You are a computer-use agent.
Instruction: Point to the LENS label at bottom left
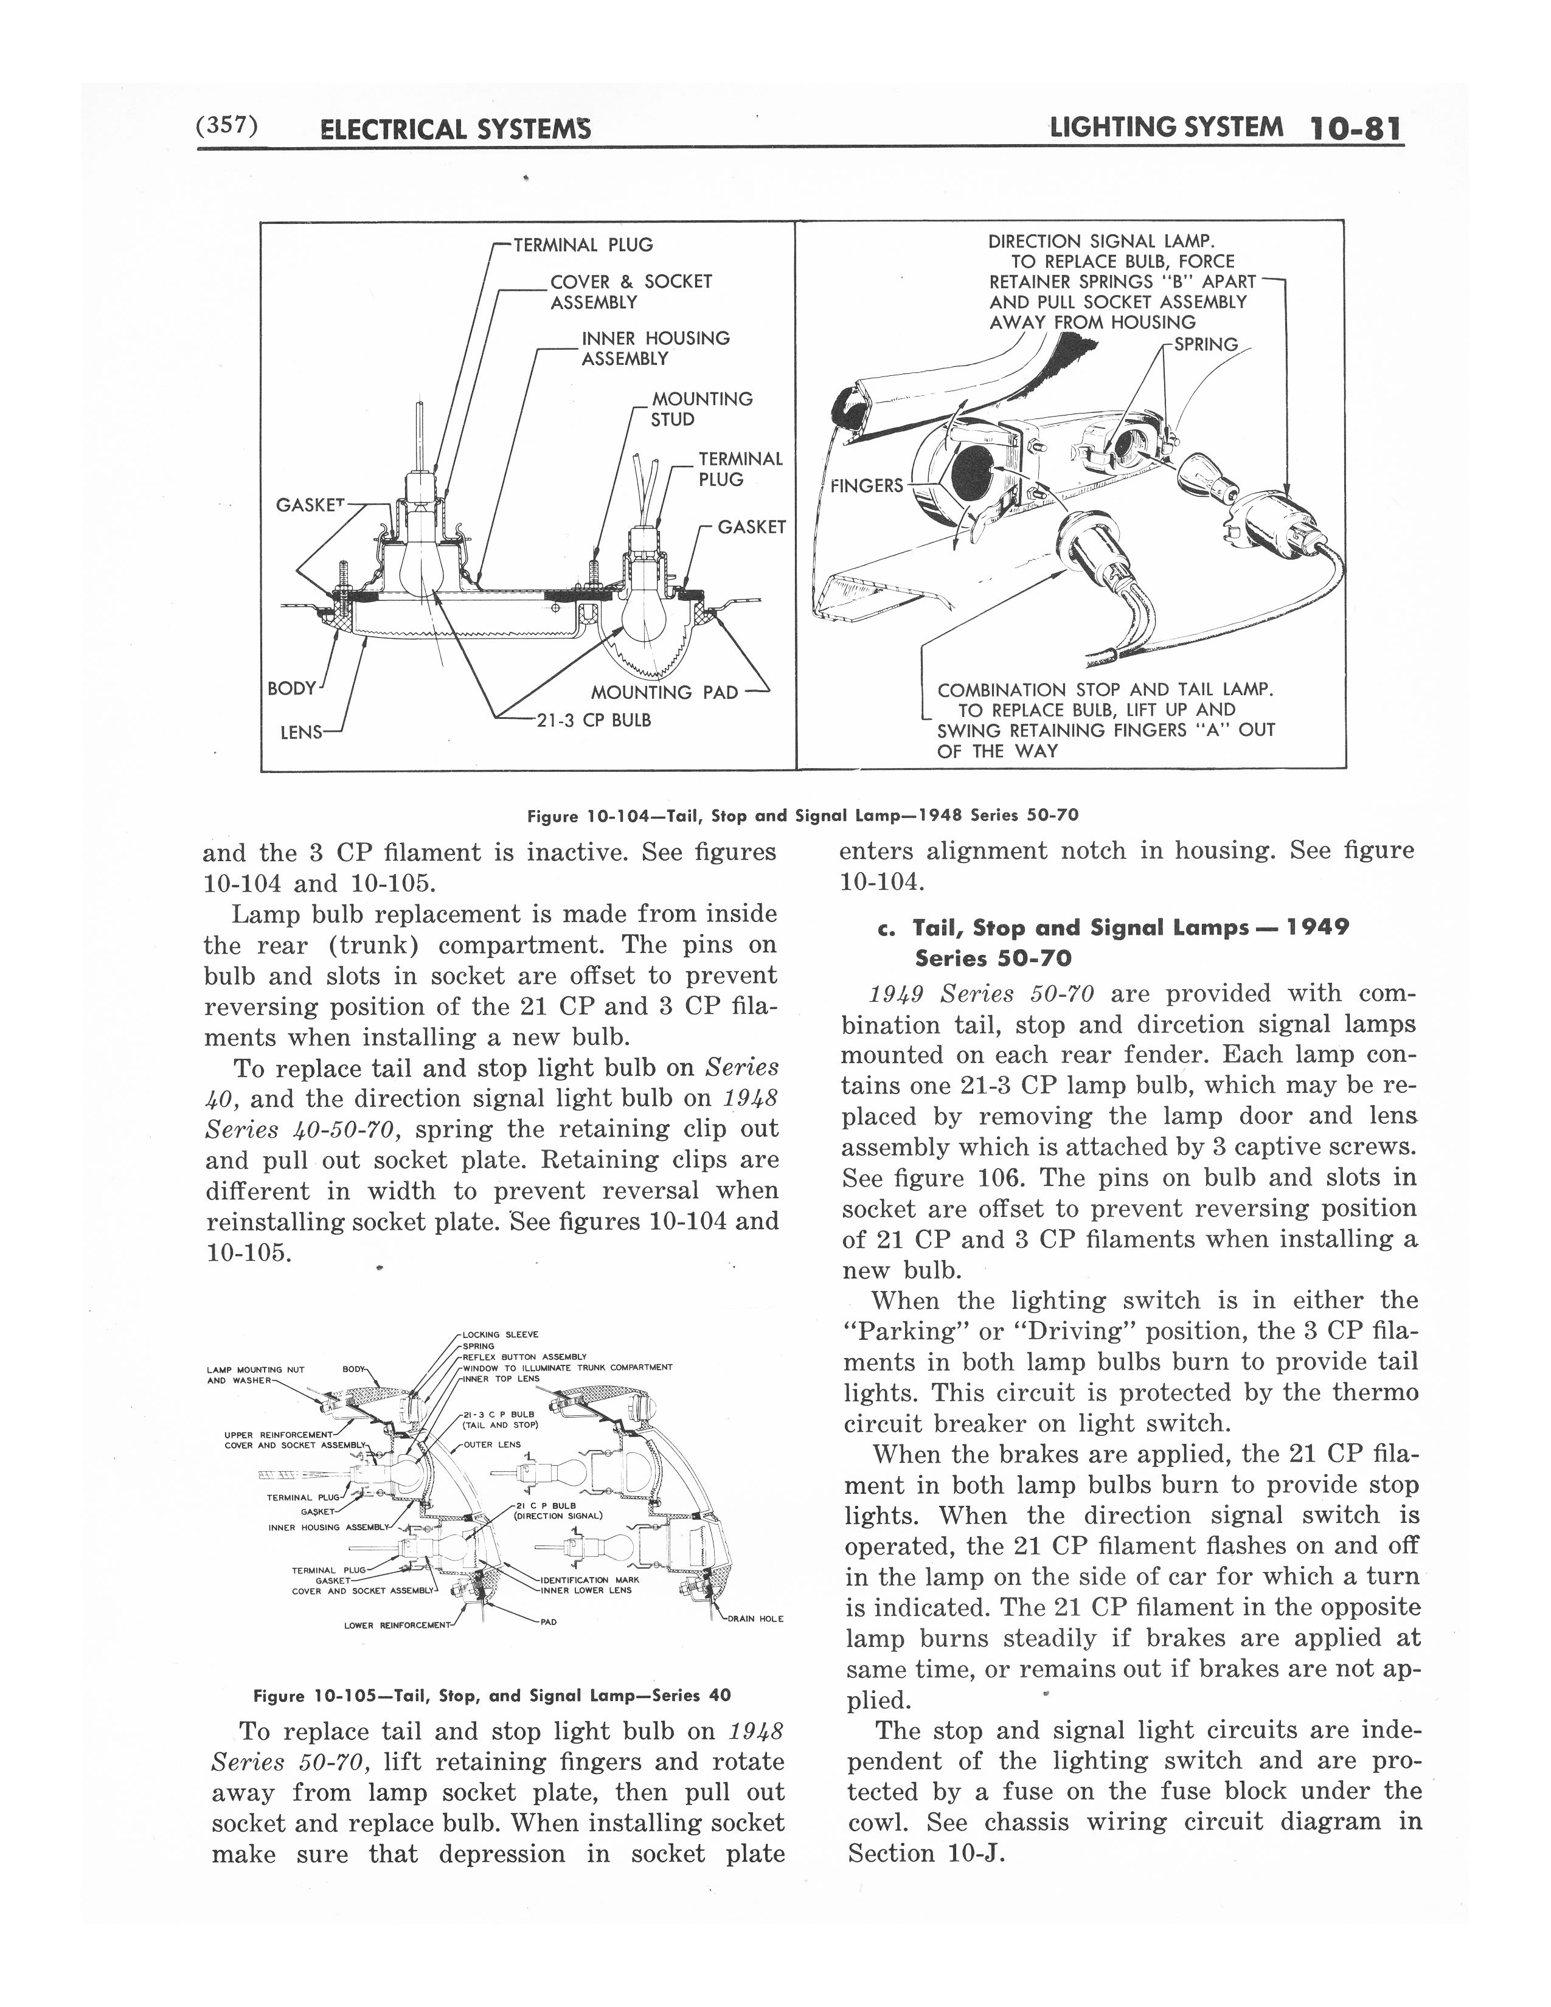[x=300, y=732]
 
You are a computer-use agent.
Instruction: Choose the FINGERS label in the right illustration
[x=867, y=485]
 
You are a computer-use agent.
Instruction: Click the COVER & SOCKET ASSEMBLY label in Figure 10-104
[x=630, y=291]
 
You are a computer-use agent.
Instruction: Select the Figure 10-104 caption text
[x=802, y=815]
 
